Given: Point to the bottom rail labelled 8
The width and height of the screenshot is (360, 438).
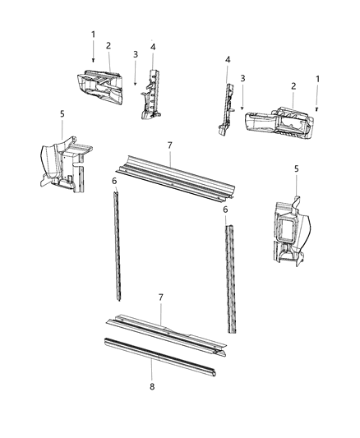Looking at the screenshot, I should point(156,353).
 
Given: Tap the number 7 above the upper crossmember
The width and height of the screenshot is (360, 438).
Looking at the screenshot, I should point(169,145).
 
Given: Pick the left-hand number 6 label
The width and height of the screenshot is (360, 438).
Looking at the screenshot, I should point(114,180).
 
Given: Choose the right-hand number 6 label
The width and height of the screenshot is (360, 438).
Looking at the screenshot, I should point(224,210).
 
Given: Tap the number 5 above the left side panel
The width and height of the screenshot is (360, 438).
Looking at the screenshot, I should point(62,113).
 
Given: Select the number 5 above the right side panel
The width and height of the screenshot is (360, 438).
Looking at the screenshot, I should point(296,168).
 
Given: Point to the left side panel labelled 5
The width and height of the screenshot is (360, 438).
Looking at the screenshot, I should point(62,168).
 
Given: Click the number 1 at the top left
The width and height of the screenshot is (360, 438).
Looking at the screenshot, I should point(94,35).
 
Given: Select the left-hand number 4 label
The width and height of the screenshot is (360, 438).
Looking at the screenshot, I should point(153,48).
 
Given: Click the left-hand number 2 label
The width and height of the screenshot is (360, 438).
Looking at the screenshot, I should point(108,46).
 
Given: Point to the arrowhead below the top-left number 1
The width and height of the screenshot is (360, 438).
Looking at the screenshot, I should point(93,62).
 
